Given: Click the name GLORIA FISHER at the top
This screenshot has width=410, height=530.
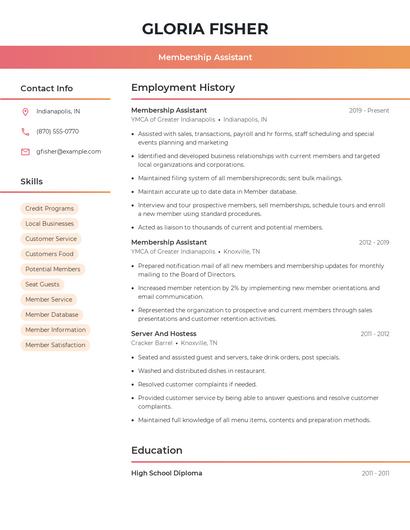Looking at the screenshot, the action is [205, 28].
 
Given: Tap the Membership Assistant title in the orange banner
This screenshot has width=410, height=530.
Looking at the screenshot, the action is [205, 57].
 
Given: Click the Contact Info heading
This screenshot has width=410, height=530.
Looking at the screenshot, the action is [47, 88].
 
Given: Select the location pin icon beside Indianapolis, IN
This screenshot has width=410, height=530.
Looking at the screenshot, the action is [25, 111].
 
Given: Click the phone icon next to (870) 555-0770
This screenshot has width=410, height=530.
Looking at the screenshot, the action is [25, 131].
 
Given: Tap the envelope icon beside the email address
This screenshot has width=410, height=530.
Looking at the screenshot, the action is [25, 152].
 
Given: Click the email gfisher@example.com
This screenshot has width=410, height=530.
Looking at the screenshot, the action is [68, 152].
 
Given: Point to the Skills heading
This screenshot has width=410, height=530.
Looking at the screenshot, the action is [32, 181].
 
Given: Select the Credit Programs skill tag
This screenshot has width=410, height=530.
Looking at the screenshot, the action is [49, 209].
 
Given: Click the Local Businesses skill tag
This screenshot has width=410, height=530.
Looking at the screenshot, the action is [49, 224].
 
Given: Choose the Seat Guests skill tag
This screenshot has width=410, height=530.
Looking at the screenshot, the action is [42, 284].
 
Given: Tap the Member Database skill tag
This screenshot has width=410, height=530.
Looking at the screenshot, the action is [52, 314].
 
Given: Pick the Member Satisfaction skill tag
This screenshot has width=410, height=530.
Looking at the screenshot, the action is [55, 345].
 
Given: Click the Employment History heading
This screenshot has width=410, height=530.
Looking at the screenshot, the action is [183, 88].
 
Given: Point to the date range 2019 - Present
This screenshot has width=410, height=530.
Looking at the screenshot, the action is [369, 110].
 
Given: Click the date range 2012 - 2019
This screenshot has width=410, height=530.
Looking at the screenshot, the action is [374, 242].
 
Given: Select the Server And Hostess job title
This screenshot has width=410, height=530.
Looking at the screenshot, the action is [163, 333].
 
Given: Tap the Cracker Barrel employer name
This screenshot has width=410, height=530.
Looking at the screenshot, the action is [152, 343].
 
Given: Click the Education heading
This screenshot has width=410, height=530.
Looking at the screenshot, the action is [157, 450].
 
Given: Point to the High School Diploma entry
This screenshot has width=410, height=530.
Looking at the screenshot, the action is [166, 473].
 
